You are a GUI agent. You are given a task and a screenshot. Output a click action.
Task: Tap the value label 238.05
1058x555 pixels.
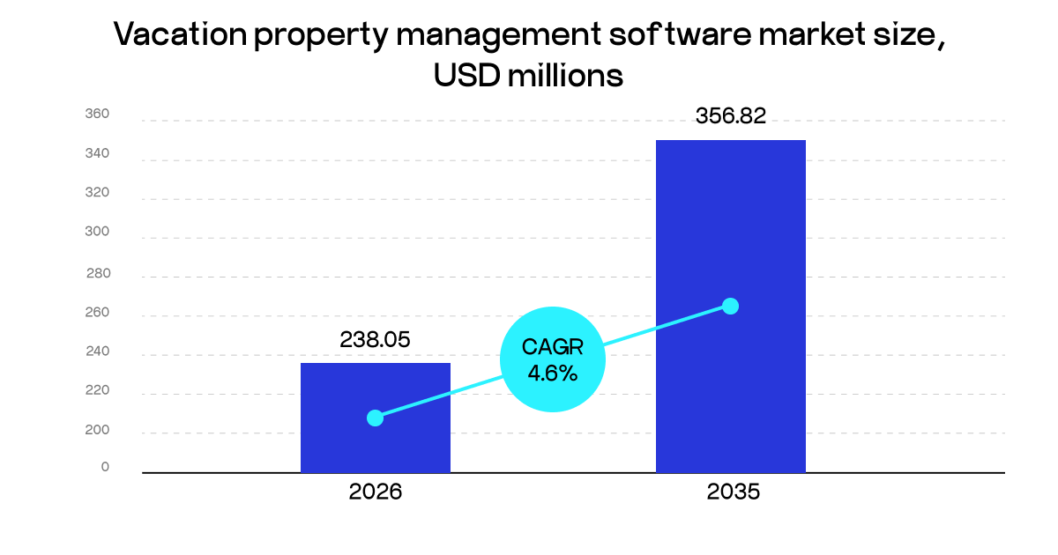pyautogui.click(x=376, y=340)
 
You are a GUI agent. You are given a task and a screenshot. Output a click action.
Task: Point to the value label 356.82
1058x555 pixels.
pyautogui.click(x=731, y=116)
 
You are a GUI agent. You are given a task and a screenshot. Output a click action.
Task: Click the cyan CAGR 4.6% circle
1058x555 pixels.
pyautogui.click(x=553, y=359)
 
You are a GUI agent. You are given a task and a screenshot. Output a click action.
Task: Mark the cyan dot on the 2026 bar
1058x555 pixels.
pyautogui.click(x=375, y=418)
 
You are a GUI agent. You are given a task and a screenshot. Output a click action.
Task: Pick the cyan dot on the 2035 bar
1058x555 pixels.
pyautogui.click(x=730, y=306)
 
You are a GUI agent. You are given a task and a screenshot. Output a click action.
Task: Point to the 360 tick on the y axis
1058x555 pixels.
pyautogui.click(x=97, y=114)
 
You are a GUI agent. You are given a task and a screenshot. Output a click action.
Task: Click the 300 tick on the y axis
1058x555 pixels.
pyautogui.click(x=97, y=233)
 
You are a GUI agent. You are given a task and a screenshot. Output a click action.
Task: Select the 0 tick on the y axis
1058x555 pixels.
pyautogui.click(x=105, y=467)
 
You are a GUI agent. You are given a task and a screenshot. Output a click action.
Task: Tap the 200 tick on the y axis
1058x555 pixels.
pyautogui.click(x=97, y=431)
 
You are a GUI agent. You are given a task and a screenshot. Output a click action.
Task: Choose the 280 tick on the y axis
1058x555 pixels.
pyautogui.click(x=98, y=273)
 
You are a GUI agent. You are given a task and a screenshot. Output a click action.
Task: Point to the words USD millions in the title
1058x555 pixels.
pyautogui.click(x=528, y=76)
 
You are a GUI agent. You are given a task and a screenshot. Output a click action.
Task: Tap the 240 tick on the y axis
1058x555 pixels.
pyautogui.click(x=97, y=352)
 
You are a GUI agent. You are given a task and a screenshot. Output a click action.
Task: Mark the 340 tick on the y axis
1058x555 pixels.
pyautogui.click(x=97, y=154)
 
